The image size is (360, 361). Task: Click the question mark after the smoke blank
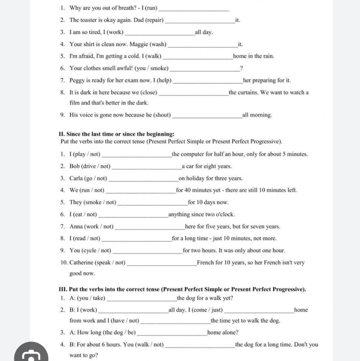(241, 68)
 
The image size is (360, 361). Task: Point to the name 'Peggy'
(77, 81)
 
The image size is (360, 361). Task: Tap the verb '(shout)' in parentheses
(162, 115)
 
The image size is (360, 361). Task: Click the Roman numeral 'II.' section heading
(62, 134)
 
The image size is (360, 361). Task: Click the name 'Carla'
(76, 178)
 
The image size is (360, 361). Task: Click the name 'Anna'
(76, 226)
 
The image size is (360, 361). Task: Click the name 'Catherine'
(81, 262)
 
